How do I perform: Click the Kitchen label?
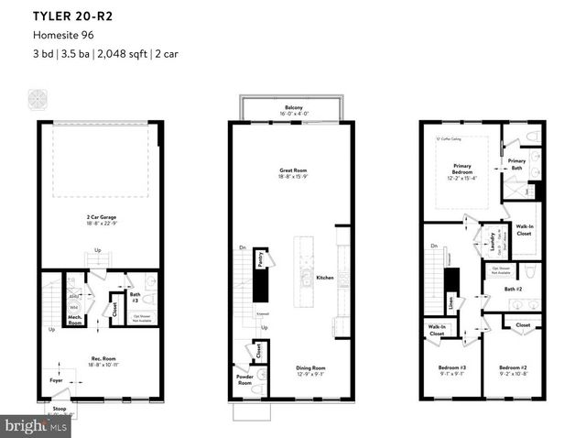pyautogui.click(x=325, y=277)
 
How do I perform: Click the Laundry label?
pyautogui.click(x=493, y=243)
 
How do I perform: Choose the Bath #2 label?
pyautogui.click(x=513, y=290)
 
